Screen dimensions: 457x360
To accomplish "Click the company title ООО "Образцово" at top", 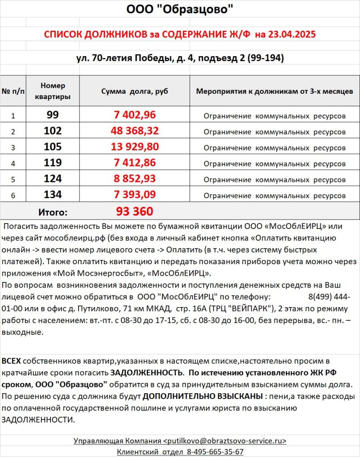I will pyautogui.click(x=179, y=9).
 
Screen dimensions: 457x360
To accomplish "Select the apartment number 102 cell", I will pyautogui.click(x=53, y=131).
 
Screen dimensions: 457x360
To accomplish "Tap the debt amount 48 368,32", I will pyautogui.click(x=135, y=131).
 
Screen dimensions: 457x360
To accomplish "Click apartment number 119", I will pyautogui.click(x=53, y=163).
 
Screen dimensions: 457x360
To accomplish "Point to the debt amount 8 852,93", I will pyautogui.click(x=135, y=179).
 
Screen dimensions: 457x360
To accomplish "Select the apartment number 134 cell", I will pyautogui.click(x=53, y=195).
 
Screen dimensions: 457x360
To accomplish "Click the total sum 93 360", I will pyautogui.click(x=135, y=211).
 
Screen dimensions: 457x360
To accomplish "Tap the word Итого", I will pyautogui.click(x=52, y=212).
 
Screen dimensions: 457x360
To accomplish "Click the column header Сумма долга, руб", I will pyautogui.click(x=135, y=91).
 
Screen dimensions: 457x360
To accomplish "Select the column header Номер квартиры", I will pyautogui.click(x=53, y=91).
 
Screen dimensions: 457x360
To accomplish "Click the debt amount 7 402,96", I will pyautogui.click(x=135, y=115).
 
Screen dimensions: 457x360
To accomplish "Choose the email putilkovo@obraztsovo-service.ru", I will pyautogui.click(x=226, y=440).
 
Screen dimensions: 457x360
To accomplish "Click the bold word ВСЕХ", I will pyautogui.click(x=11, y=360).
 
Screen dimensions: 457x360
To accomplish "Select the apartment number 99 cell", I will pyautogui.click(x=53, y=115).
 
